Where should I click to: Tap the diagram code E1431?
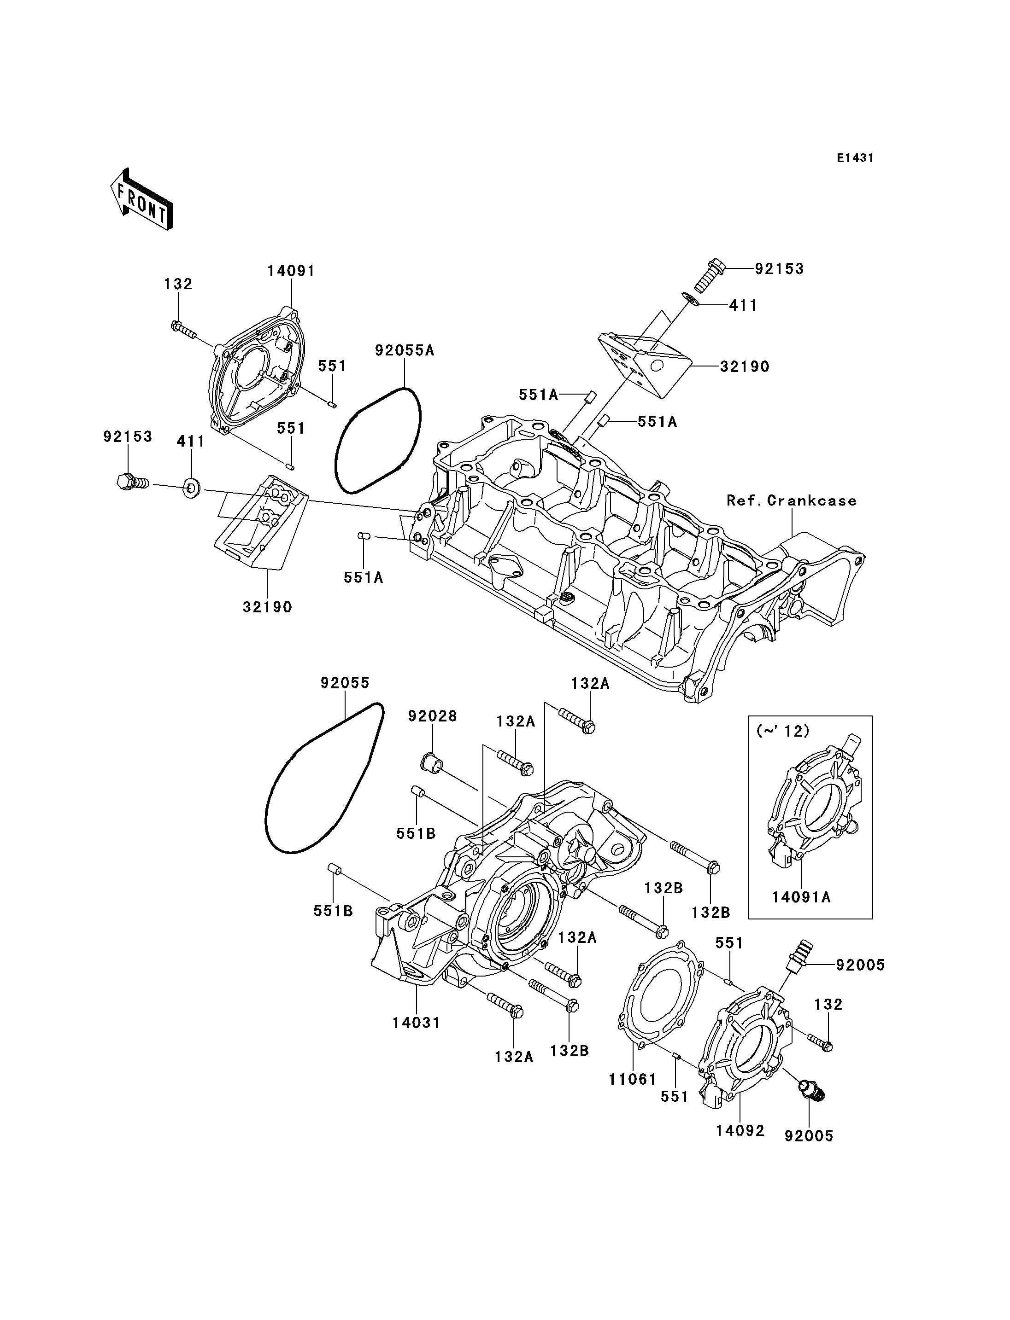click(855, 158)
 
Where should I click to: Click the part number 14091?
click(292, 271)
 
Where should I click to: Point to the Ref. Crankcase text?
click(791, 500)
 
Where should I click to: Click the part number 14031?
click(417, 1023)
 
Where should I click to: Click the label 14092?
click(740, 1131)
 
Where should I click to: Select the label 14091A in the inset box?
click(801, 914)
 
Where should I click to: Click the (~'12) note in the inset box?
click(783, 731)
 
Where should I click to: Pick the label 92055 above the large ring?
click(345, 683)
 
